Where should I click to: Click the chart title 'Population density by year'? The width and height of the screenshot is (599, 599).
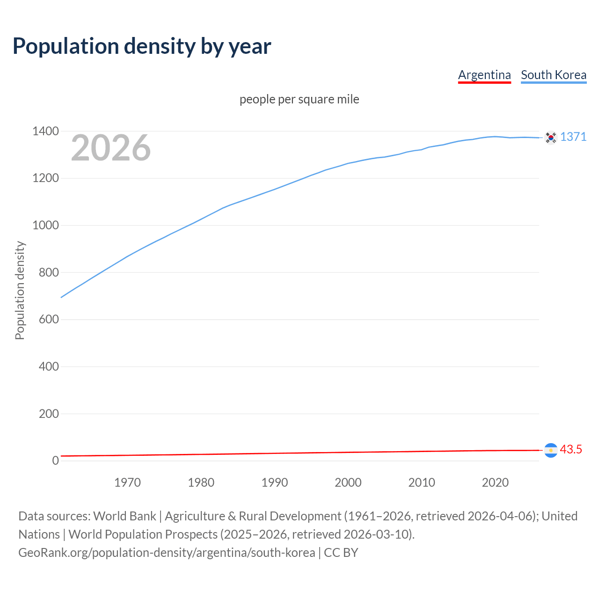(142, 46)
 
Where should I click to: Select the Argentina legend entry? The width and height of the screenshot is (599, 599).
(484, 75)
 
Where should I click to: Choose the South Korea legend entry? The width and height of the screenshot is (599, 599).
(554, 75)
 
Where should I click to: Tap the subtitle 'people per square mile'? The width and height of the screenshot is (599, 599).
(299, 99)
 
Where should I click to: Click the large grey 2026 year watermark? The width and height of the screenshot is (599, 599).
(111, 148)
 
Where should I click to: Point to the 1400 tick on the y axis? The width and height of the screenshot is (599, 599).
(45, 131)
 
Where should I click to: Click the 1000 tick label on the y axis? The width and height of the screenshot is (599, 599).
(45, 225)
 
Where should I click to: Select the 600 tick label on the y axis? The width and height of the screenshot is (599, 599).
(49, 319)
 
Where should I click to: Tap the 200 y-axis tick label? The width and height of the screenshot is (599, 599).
(49, 414)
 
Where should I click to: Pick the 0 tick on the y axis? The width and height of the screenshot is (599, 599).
(56, 460)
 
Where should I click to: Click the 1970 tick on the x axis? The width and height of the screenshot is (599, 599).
(127, 482)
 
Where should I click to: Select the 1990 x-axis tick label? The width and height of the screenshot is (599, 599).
(275, 482)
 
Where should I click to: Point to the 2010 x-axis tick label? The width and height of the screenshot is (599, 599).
(422, 482)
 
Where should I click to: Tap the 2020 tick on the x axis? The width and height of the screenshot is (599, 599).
(495, 482)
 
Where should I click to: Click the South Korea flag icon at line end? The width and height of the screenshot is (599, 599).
(551, 138)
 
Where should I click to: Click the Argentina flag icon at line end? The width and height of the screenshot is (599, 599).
(551, 450)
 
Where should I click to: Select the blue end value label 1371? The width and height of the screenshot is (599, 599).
(573, 137)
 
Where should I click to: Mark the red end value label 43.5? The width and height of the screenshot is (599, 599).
(571, 449)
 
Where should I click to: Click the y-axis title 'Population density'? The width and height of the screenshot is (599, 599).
(20, 290)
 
